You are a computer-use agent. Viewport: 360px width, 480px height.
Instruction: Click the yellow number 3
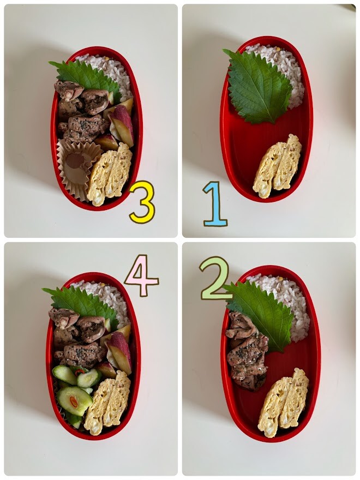[x=142, y=202]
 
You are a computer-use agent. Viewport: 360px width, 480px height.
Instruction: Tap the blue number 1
[x=215, y=204]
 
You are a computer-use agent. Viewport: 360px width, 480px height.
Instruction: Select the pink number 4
[x=141, y=275]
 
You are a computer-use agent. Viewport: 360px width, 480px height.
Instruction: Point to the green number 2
[x=215, y=278]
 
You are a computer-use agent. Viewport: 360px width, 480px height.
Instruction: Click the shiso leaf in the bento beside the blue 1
[x=259, y=87]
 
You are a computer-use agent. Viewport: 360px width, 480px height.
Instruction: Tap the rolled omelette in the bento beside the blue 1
[x=277, y=167]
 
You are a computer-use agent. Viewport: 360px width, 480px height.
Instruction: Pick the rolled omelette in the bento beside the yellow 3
[x=109, y=175]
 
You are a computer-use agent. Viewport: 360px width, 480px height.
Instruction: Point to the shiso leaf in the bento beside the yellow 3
[x=87, y=76]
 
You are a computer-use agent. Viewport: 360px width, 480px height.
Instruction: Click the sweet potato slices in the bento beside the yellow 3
[x=119, y=124]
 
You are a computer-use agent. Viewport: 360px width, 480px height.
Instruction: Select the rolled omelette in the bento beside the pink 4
[x=107, y=403]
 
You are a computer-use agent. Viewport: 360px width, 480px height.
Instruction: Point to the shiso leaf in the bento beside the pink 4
[x=81, y=303]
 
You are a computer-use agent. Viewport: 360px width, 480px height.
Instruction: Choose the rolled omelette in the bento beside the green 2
[x=283, y=403]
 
